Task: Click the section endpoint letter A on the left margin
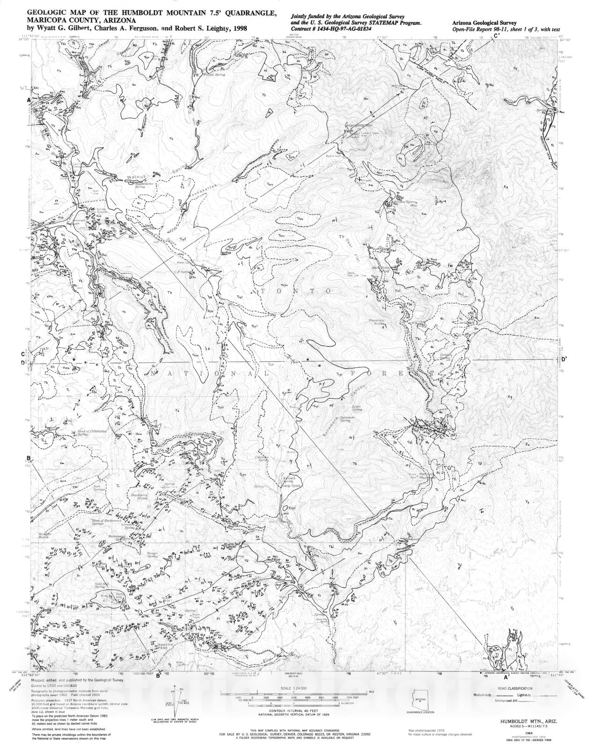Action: tap(29, 101)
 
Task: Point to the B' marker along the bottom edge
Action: tap(159, 675)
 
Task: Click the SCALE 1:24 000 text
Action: tap(292, 688)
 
